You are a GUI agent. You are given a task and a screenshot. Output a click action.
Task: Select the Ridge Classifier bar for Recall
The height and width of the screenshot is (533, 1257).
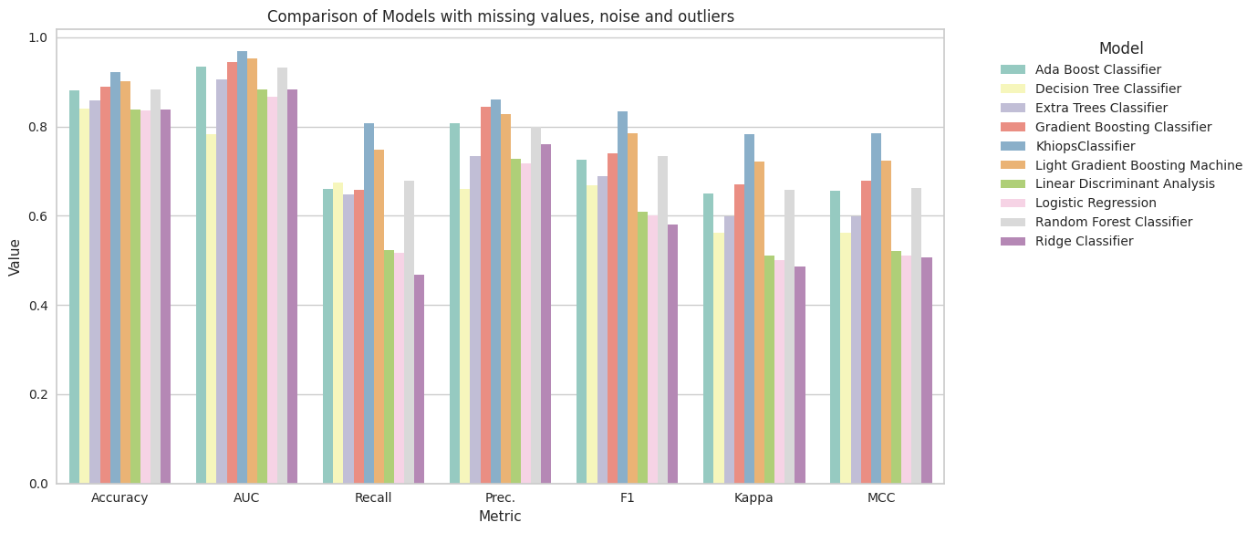point(419,379)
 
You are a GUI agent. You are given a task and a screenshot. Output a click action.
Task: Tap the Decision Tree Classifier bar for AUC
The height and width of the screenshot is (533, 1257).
point(211,308)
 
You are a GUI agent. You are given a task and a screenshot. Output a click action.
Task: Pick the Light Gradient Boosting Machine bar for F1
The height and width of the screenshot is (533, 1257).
point(633,308)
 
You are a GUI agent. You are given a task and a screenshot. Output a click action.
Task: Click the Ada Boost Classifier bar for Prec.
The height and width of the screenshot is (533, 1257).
point(454,303)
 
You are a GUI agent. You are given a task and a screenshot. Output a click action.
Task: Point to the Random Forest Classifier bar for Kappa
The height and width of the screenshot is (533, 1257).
point(790,337)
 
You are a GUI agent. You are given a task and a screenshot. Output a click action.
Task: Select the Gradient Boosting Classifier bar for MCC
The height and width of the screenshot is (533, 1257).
point(866,332)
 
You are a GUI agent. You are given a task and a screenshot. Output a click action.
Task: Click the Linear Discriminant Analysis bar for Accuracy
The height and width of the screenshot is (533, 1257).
point(135,297)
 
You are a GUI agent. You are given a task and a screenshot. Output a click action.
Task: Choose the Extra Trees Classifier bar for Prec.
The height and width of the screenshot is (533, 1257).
point(474,319)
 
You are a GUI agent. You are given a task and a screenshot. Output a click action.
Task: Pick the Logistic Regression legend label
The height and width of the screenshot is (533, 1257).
point(1096,203)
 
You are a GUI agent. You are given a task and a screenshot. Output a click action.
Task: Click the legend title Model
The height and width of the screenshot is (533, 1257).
point(1121,48)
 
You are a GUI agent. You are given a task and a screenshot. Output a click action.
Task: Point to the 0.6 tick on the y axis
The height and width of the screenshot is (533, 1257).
point(39,216)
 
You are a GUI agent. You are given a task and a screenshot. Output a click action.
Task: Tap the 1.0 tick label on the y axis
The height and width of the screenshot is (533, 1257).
point(39,37)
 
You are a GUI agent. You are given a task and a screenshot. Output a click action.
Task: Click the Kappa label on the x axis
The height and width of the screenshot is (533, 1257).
point(753,497)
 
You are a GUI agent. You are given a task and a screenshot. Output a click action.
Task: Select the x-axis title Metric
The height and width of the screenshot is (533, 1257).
point(500,517)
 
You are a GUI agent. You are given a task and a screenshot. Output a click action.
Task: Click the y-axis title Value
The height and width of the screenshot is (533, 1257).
point(14,257)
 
